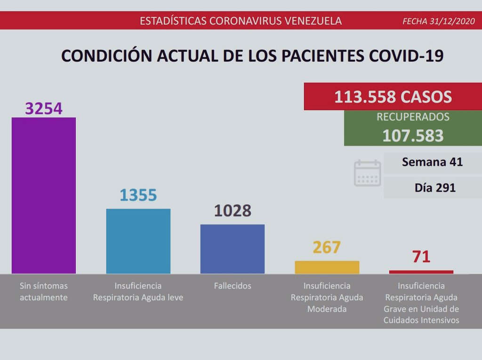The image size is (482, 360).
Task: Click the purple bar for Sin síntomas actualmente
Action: pos(44,195)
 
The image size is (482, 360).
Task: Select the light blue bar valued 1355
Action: pos(138,241)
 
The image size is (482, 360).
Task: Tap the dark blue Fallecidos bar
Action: pos(233,249)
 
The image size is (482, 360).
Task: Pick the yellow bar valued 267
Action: pos(327,267)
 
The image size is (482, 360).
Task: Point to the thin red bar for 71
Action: pos(421,272)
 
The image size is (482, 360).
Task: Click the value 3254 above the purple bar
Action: pos(44,108)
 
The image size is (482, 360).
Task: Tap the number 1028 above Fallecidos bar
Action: pos(233,211)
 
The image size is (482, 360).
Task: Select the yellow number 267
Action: pos(326,247)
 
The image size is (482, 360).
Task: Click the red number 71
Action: pos(421,257)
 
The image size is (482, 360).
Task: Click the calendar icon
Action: pos(367,173)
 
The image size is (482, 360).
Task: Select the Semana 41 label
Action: pos(433,162)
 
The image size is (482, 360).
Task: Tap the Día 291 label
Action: pos(435,188)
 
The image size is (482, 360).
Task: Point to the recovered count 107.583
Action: pos(413,136)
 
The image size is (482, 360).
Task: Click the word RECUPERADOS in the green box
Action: pos(413,117)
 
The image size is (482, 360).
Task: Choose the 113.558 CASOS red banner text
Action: pos(393,97)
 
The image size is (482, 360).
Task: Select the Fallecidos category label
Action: pos(233,286)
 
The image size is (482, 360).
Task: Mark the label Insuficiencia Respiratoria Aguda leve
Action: pos(138,292)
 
